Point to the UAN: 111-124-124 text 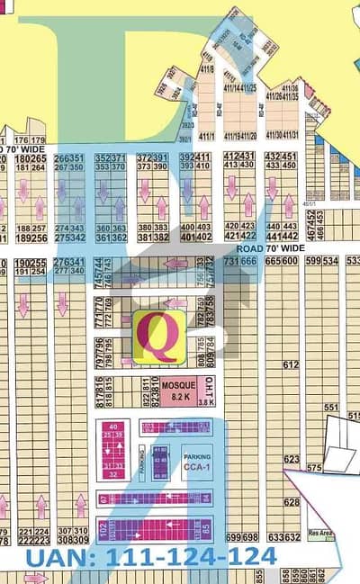(x=152, y=559)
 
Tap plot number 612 (x=289, y=365)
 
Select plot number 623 (x=289, y=459)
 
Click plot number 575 (x=314, y=469)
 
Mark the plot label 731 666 (x=241, y=261)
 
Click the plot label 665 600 (x=282, y=261)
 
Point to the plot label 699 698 (x=241, y=537)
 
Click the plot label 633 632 (x=283, y=537)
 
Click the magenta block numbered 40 (x=112, y=426)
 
